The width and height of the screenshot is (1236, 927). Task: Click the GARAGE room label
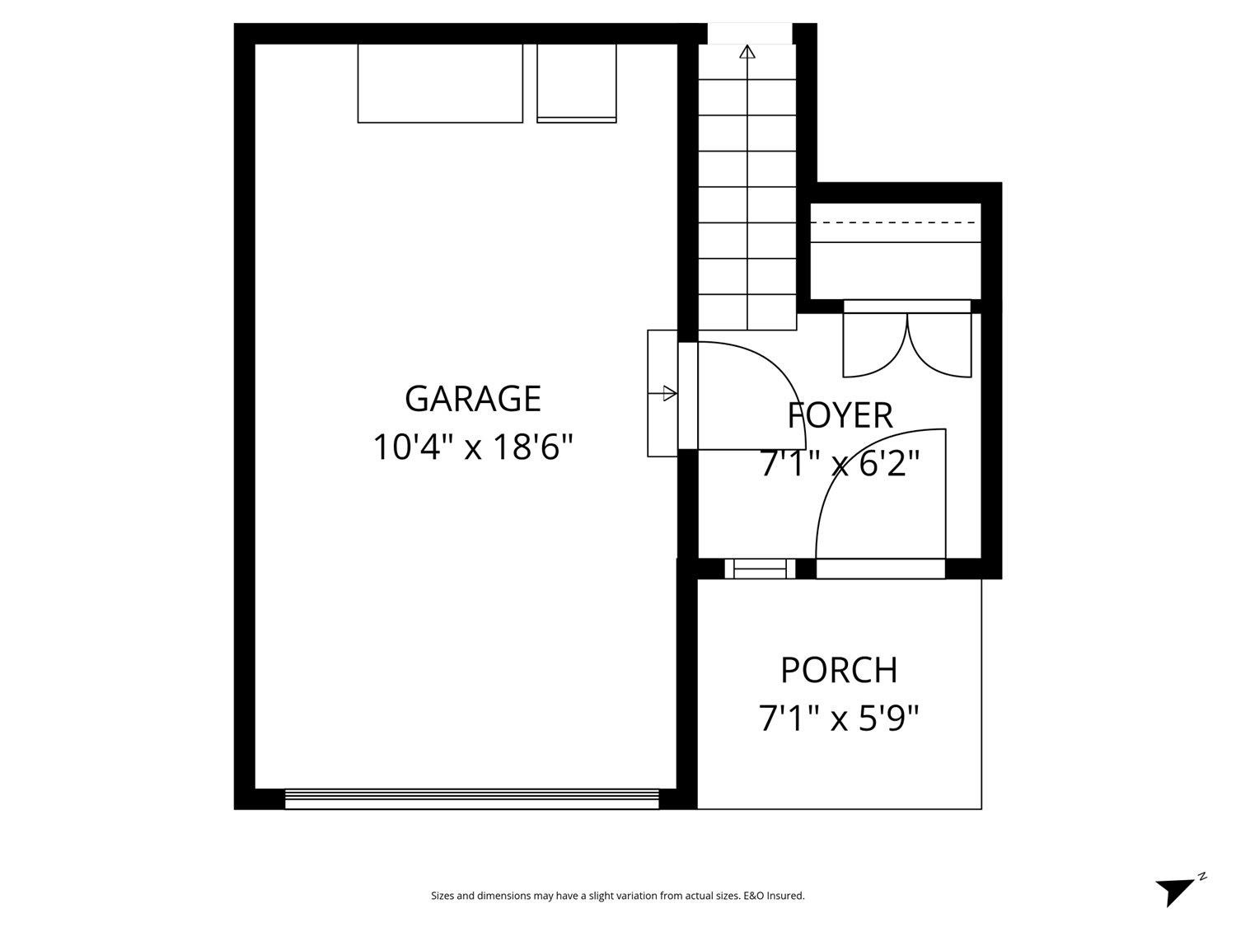click(472, 399)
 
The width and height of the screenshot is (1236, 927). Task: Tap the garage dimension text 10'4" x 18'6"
click(472, 448)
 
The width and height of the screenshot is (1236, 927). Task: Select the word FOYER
click(840, 415)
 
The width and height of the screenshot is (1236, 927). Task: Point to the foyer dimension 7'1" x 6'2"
click(840, 465)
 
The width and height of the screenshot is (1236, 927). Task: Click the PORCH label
click(839, 670)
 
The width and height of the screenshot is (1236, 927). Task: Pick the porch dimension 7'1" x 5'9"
click(839, 719)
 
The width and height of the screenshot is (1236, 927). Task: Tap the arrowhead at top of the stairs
click(747, 53)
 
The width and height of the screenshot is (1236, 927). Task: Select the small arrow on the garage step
click(669, 394)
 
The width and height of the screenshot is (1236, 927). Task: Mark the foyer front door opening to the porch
click(880, 569)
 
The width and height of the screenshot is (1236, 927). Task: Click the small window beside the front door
click(760, 569)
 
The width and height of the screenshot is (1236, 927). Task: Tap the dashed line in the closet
click(896, 222)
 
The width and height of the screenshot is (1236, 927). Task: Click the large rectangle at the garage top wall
click(440, 83)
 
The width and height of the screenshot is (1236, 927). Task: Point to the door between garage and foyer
click(689, 396)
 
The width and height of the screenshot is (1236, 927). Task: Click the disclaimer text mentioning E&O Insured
click(617, 896)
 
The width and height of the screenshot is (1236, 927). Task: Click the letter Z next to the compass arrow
click(1202, 876)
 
